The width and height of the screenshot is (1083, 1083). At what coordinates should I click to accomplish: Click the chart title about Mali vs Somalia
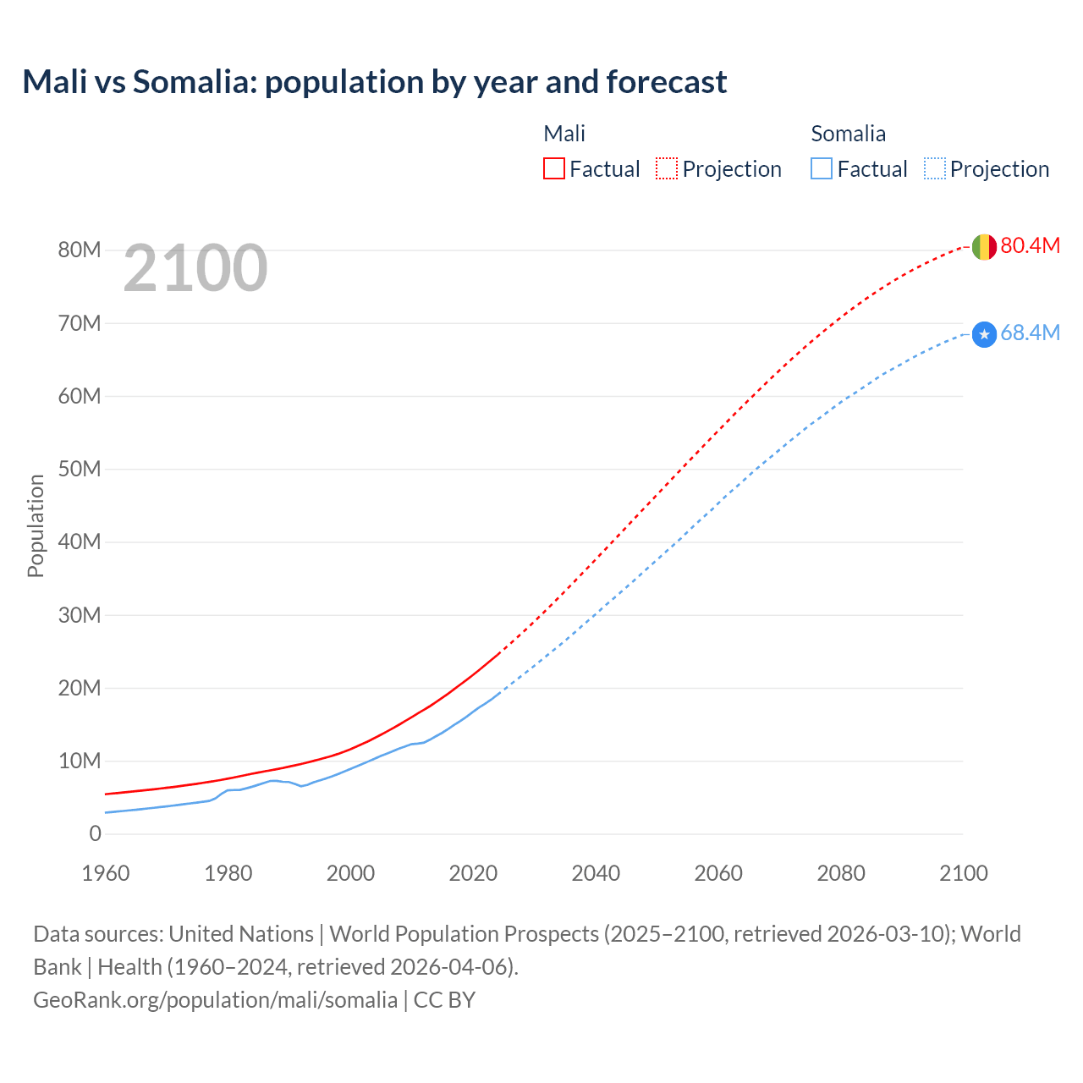coord(374,82)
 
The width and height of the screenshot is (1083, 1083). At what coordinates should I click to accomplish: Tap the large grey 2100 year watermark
coord(195,269)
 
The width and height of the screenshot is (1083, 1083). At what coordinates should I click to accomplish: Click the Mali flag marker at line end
coord(983,247)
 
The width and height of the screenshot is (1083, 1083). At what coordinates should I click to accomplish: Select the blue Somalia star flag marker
coord(983,335)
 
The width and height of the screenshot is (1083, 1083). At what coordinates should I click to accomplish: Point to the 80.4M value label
coord(1030,245)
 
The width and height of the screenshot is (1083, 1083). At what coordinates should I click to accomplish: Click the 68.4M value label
coord(1030,333)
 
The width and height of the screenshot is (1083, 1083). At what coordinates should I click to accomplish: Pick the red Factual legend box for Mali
coord(554,168)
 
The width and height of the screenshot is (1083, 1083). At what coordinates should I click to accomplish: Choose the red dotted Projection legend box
coord(667,168)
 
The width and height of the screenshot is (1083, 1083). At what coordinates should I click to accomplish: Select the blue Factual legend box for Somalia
coord(822,168)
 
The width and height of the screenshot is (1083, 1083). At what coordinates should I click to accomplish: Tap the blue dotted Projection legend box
coord(935,168)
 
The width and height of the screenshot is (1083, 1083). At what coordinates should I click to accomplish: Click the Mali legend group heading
coord(564,134)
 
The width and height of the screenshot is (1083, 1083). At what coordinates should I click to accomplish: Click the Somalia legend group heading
coord(848,134)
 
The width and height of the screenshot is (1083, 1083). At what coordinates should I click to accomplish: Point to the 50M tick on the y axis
coord(80,469)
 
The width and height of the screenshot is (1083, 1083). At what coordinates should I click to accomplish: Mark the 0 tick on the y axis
coord(95,833)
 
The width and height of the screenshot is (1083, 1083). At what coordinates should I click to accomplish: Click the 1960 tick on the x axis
coord(106,873)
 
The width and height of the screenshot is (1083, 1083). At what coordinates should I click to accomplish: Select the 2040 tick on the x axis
coord(596,873)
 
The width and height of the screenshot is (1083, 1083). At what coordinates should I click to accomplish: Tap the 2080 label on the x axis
coord(841,873)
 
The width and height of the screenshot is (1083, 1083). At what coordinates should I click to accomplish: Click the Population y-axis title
coord(36,525)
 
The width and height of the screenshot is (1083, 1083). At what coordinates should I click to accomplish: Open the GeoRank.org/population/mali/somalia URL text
coord(215,999)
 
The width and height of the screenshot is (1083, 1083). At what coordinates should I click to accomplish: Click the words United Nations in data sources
coord(241,934)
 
